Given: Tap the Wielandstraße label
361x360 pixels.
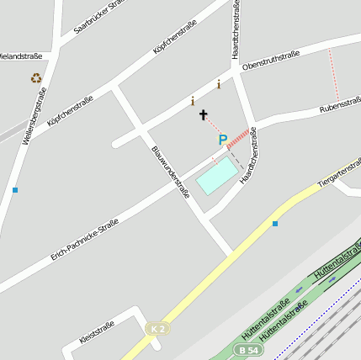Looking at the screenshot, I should coord(20,56).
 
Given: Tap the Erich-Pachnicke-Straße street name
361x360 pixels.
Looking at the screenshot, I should coord(84,238).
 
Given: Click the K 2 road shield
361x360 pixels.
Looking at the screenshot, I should coord(156,328).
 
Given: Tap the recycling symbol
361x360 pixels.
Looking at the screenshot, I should coord(36,78).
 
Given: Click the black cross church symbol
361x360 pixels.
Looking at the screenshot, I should coord(203,114).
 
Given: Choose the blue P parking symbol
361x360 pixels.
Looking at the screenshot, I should coord(223,140).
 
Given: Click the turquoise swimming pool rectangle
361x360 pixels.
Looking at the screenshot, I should coord(217,176).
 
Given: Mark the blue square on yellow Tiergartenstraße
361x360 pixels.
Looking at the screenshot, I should coord(274,223).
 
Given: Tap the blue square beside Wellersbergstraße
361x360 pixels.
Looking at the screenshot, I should coord(15,190).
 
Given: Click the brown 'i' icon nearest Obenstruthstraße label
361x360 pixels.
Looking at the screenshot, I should coord(219,84).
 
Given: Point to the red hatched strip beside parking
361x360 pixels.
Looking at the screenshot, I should coord(239,137).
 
